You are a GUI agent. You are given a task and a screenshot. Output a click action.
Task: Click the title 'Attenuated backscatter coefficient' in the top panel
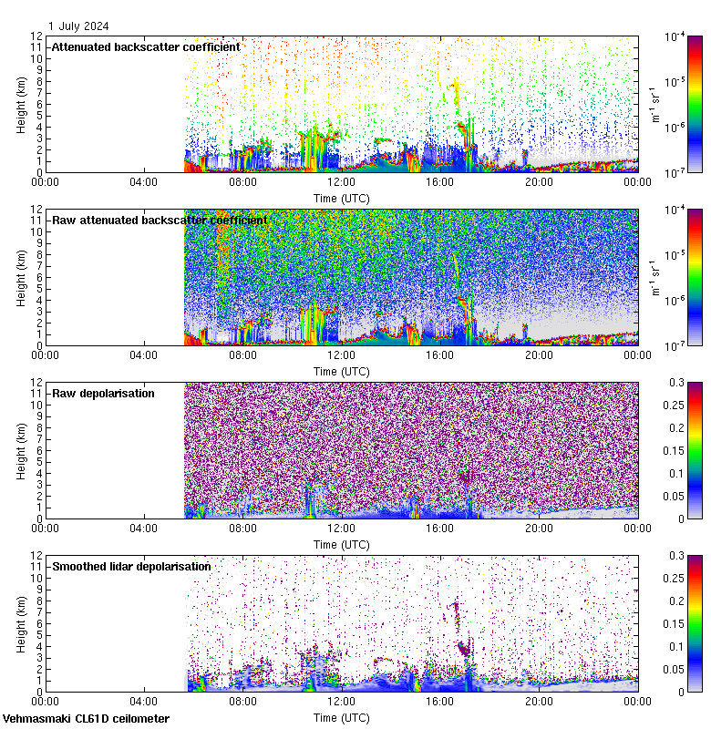146,46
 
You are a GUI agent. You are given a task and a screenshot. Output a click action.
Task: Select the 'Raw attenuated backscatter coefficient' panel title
160,220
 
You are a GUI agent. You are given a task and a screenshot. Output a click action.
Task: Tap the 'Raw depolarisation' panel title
103,393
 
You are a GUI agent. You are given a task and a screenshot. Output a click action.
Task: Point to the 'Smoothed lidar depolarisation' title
131,566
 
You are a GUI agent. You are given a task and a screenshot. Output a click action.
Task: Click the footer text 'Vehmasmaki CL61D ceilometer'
86,719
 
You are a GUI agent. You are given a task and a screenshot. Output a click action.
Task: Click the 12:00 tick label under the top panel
342,182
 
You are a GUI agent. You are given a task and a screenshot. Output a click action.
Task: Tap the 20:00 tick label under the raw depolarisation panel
539,529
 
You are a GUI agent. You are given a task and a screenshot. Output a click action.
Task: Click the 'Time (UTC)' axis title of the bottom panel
342,718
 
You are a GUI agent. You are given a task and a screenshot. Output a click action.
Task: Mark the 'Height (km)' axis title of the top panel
21,104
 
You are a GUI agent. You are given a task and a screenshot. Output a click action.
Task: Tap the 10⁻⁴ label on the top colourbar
676,36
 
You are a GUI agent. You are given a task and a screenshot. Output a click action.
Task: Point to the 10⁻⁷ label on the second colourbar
676,346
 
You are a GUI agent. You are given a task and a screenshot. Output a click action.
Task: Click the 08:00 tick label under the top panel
243,182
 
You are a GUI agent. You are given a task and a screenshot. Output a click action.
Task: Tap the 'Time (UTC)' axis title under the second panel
342,372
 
